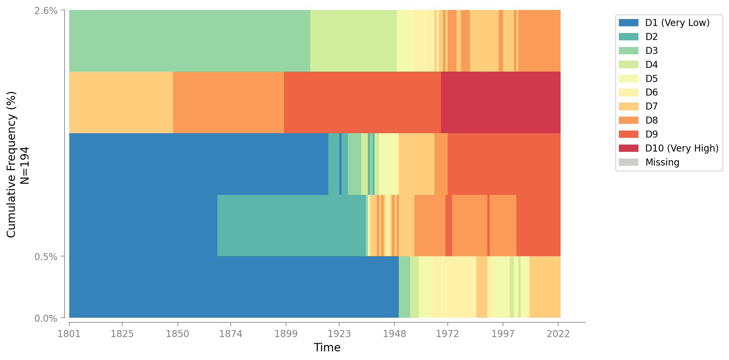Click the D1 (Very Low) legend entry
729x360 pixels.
click(677, 23)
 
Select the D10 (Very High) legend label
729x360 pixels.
click(682, 148)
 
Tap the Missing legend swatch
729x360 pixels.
click(628, 162)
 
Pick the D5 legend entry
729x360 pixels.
click(651, 79)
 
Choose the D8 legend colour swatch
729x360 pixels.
click(628, 120)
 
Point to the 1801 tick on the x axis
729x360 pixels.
click(69, 334)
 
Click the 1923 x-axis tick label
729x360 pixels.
click(339, 334)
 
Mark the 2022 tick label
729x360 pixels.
click(558, 334)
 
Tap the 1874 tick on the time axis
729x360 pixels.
click(231, 334)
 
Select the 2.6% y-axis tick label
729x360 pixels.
click(46, 11)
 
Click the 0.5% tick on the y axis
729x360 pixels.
click(46, 257)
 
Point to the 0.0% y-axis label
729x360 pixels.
click(46, 318)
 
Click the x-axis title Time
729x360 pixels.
click(327, 348)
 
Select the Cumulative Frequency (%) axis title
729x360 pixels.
click(11, 165)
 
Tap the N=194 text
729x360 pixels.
click(25, 165)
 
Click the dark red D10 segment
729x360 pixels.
click(501, 102)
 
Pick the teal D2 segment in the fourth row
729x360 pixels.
click(291, 225)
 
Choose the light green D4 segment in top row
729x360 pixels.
click(353, 41)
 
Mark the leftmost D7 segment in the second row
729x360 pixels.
click(121, 102)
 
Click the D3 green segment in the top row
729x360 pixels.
click(189, 41)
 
